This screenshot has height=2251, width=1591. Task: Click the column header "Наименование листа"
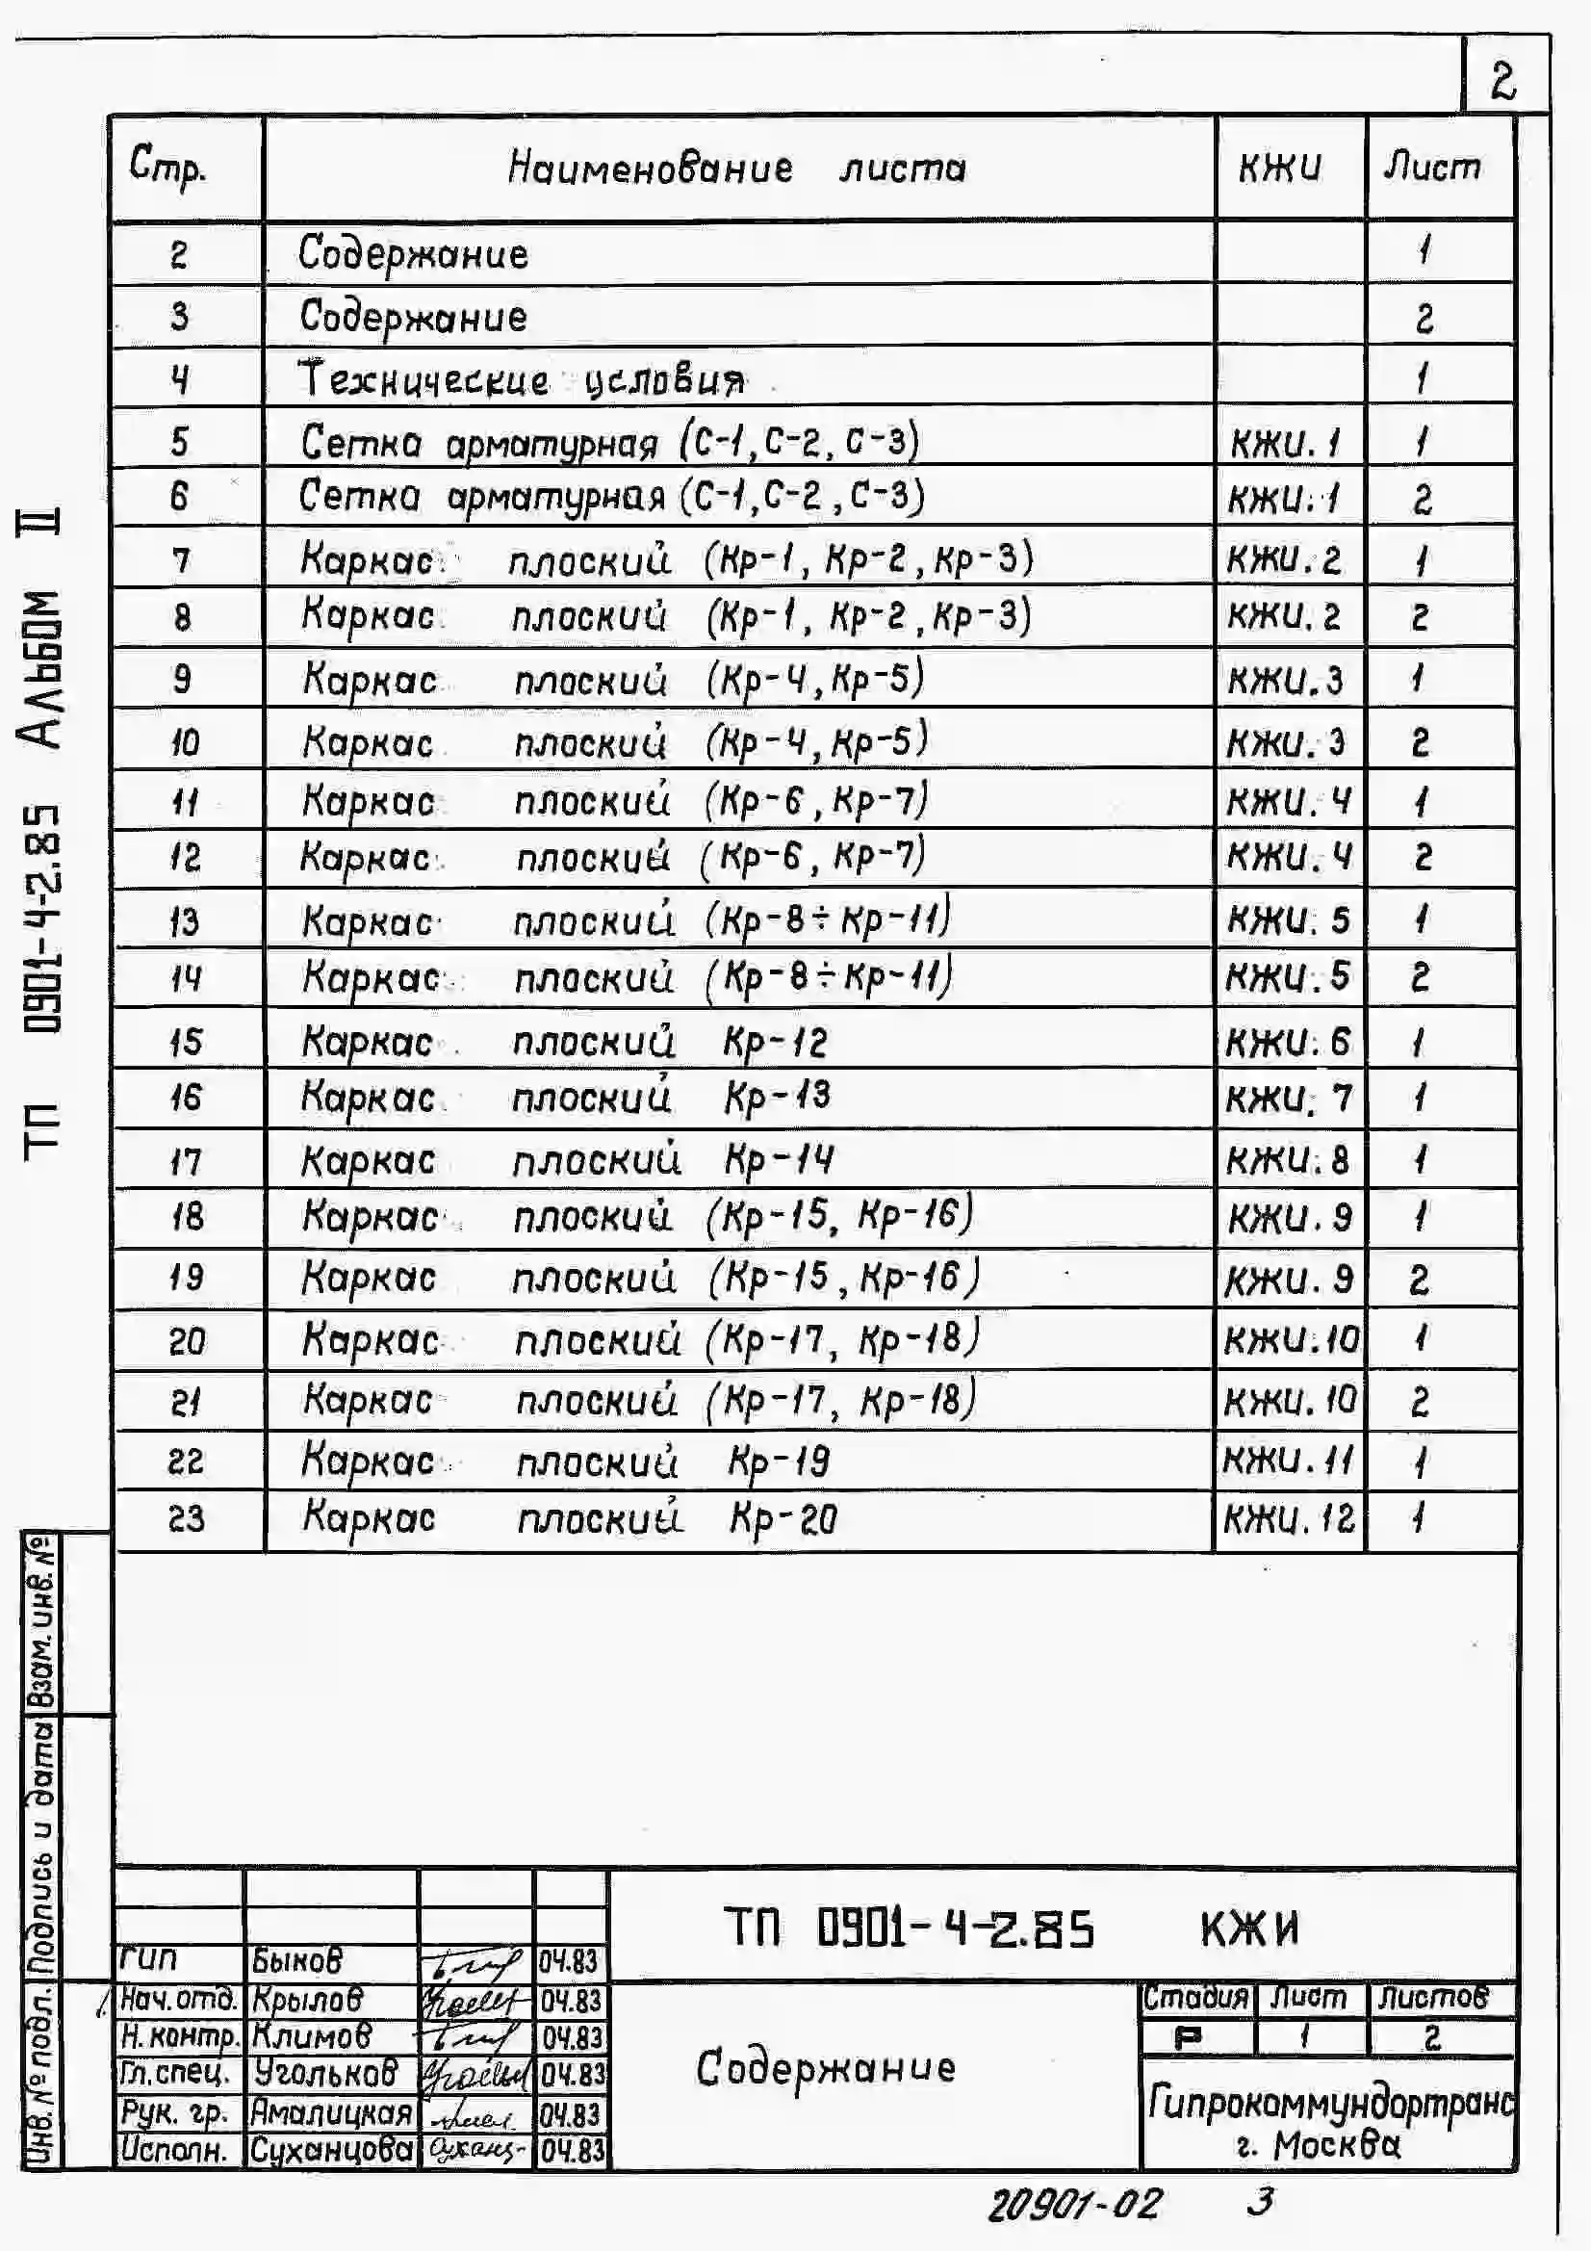pos(737,168)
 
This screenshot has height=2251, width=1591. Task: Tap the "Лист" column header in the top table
pos(1431,168)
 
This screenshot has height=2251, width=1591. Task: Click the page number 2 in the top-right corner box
pos(1502,81)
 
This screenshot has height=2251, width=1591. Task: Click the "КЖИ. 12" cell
pos(1288,1519)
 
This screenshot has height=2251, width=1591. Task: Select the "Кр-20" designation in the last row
pos(783,1519)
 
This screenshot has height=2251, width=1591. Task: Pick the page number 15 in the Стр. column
pos(184,1041)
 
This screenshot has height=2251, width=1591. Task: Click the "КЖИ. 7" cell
pos(1288,1098)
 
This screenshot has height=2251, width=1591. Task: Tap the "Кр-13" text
pos(777,1096)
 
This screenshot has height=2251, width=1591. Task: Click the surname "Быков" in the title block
pos(297,1960)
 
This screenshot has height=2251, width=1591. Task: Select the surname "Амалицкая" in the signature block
pos(330,2111)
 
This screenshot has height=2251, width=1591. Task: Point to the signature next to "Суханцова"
pos(476,2150)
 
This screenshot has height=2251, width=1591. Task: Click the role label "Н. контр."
pos(178,2036)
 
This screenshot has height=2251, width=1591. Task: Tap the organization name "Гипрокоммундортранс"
pos(1330,2103)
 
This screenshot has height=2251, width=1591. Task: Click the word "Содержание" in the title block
pos(826,2069)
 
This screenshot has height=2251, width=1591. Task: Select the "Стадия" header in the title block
pos(1196,1997)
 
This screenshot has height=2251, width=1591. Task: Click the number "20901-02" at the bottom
pos(1074,2205)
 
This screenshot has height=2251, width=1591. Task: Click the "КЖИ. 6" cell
pos(1288,1041)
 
